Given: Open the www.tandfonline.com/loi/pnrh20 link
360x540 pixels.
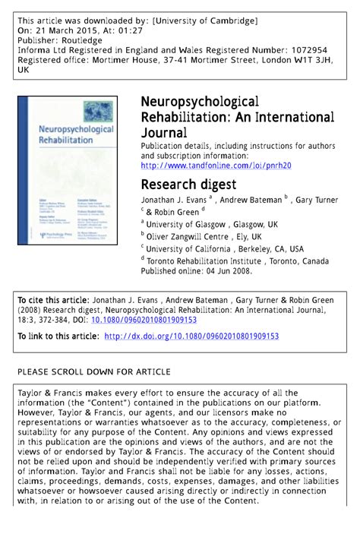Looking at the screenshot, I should point(216,165).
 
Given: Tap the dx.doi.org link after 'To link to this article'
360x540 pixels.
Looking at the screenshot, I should point(191,336).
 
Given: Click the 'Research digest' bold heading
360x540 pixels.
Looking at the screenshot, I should point(188,185).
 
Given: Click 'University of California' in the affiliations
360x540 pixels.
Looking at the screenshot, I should point(188,248).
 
